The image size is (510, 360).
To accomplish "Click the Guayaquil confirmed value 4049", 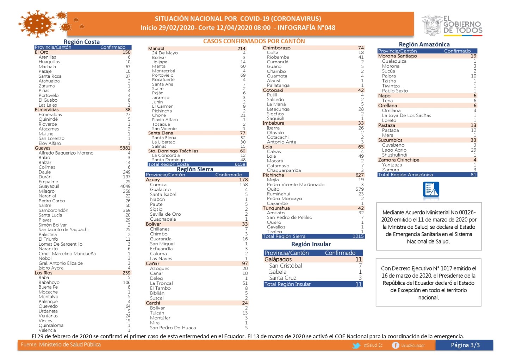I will [125, 187].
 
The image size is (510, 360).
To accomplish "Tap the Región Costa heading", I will [81, 42].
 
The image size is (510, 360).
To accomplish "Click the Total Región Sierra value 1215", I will [358, 236].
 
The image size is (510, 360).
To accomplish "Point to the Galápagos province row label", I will [278, 259].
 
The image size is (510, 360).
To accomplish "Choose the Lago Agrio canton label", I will [394, 150].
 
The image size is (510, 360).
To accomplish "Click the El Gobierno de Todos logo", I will [453, 25].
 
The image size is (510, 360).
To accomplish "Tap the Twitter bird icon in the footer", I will [356, 346].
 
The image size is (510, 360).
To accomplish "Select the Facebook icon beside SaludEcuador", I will [396, 346].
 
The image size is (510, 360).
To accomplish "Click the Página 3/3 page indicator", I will [465, 345].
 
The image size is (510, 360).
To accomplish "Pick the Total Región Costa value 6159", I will [240, 164].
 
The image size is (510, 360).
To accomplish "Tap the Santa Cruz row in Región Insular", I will [282, 278].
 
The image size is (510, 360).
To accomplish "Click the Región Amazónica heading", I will [424, 44].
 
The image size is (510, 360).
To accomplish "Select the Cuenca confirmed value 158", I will [243, 185].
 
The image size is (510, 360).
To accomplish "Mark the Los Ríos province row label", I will [43, 273].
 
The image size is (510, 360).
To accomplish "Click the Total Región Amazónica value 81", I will [473, 175].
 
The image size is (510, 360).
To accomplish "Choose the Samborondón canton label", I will [53, 210].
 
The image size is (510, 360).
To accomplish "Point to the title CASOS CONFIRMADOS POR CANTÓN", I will [254, 41].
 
